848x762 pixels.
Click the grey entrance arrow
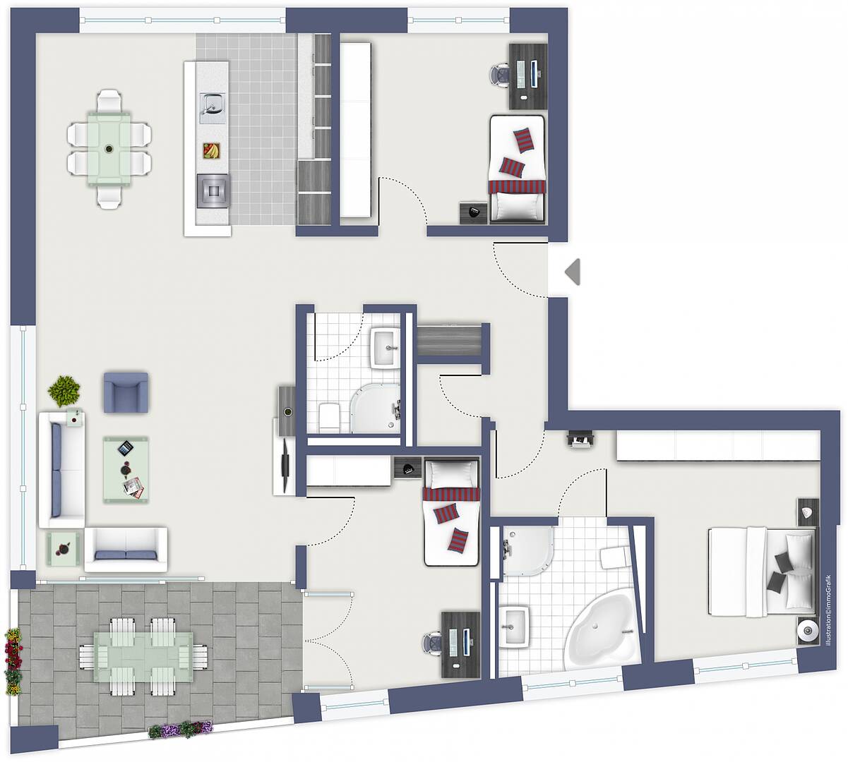(x=573, y=272)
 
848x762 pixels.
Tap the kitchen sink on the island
(x=213, y=108)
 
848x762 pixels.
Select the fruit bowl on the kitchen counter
(x=211, y=150)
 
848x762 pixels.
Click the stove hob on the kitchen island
(x=213, y=191)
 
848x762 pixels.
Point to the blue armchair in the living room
(x=126, y=392)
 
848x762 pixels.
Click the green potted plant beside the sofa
(x=64, y=391)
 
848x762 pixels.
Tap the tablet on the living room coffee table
(x=126, y=448)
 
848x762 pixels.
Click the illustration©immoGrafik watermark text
(x=828, y=610)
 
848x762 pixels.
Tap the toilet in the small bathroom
(x=329, y=418)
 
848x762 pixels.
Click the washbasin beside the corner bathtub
(x=515, y=627)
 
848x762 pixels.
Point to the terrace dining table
(x=143, y=657)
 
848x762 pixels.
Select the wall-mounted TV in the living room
(x=286, y=466)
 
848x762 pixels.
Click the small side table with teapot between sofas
(x=64, y=549)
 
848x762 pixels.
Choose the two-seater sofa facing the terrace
(x=126, y=550)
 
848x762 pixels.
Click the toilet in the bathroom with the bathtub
(x=615, y=557)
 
